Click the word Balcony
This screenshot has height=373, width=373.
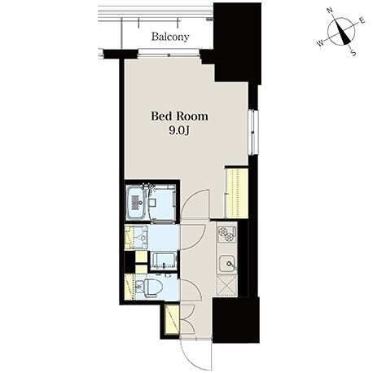[170, 37]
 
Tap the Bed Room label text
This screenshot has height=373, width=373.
[179, 116]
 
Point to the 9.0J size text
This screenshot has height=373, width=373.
[179, 130]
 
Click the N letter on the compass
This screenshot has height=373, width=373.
[330, 11]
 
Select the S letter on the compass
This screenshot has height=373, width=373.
[353, 53]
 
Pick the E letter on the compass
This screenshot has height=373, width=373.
[362, 20]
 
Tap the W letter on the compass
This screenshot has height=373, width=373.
[321, 42]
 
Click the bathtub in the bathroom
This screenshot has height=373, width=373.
[135, 203]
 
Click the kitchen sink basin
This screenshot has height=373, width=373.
[227, 264]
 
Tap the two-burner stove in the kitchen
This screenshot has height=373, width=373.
[227, 234]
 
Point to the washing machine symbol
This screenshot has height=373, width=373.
[164, 261]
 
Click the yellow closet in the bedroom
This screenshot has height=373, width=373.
[237, 193]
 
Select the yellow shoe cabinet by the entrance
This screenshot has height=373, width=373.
[172, 319]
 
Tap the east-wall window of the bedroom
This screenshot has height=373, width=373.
[253, 132]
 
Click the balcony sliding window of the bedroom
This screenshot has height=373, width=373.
[169, 52]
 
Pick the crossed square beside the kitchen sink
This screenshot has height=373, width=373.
[227, 285]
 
